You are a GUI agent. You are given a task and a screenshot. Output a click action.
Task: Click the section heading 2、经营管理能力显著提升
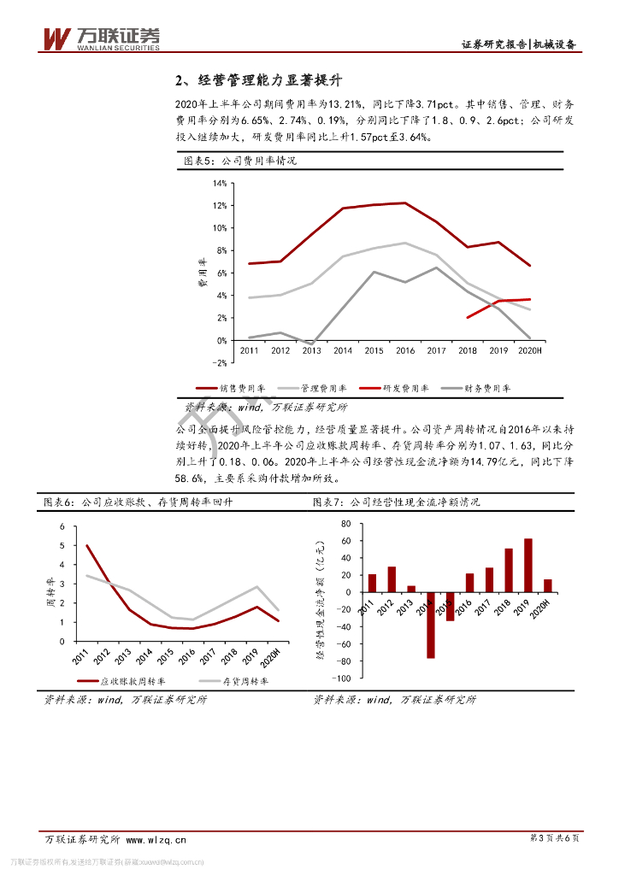(x=258, y=81)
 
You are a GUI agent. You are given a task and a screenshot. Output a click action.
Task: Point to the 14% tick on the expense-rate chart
(x=220, y=184)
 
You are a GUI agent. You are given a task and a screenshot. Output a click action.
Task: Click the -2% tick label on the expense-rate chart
(x=219, y=363)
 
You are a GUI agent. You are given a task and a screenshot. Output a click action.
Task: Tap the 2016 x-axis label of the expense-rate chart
(x=405, y=350)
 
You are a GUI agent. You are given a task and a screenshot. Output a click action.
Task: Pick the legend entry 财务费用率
(x=479, y=388)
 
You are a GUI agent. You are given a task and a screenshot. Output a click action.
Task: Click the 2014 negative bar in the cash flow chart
(x=431, y=625)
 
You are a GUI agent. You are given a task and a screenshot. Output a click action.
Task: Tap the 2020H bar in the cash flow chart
(x=547, y=585)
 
